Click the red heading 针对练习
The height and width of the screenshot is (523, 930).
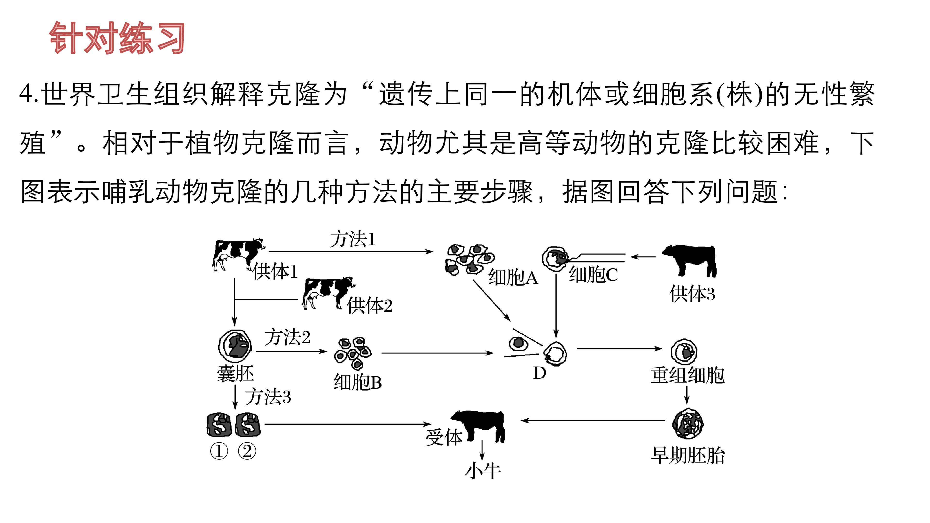[117, 38]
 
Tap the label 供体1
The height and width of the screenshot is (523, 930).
[275, 271]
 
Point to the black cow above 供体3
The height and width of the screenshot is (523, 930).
[689, 261]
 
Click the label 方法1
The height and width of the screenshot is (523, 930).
[353, 239]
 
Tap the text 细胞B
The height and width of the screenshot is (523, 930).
[357, 382]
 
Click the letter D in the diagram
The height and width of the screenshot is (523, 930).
[540, 373]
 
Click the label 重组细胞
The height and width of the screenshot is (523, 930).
[688, 375]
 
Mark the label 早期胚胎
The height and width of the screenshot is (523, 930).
[688, 455]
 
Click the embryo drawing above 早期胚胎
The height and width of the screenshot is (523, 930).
[688, 423]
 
